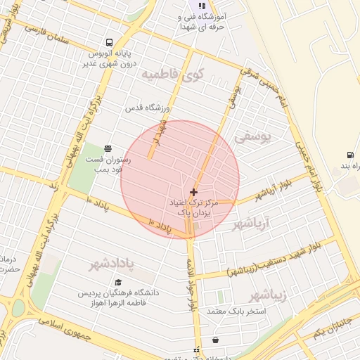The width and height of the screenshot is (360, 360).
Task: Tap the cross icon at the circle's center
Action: pos(193,191)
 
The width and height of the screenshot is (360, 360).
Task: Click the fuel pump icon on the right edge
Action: pos(349,155)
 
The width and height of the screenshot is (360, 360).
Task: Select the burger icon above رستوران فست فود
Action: pos(108,148)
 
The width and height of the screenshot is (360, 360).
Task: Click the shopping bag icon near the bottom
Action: pos(214,340)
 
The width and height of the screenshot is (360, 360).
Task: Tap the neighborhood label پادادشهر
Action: pos(112,264)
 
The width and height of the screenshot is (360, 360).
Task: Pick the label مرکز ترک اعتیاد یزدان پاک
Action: pos(194,207)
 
